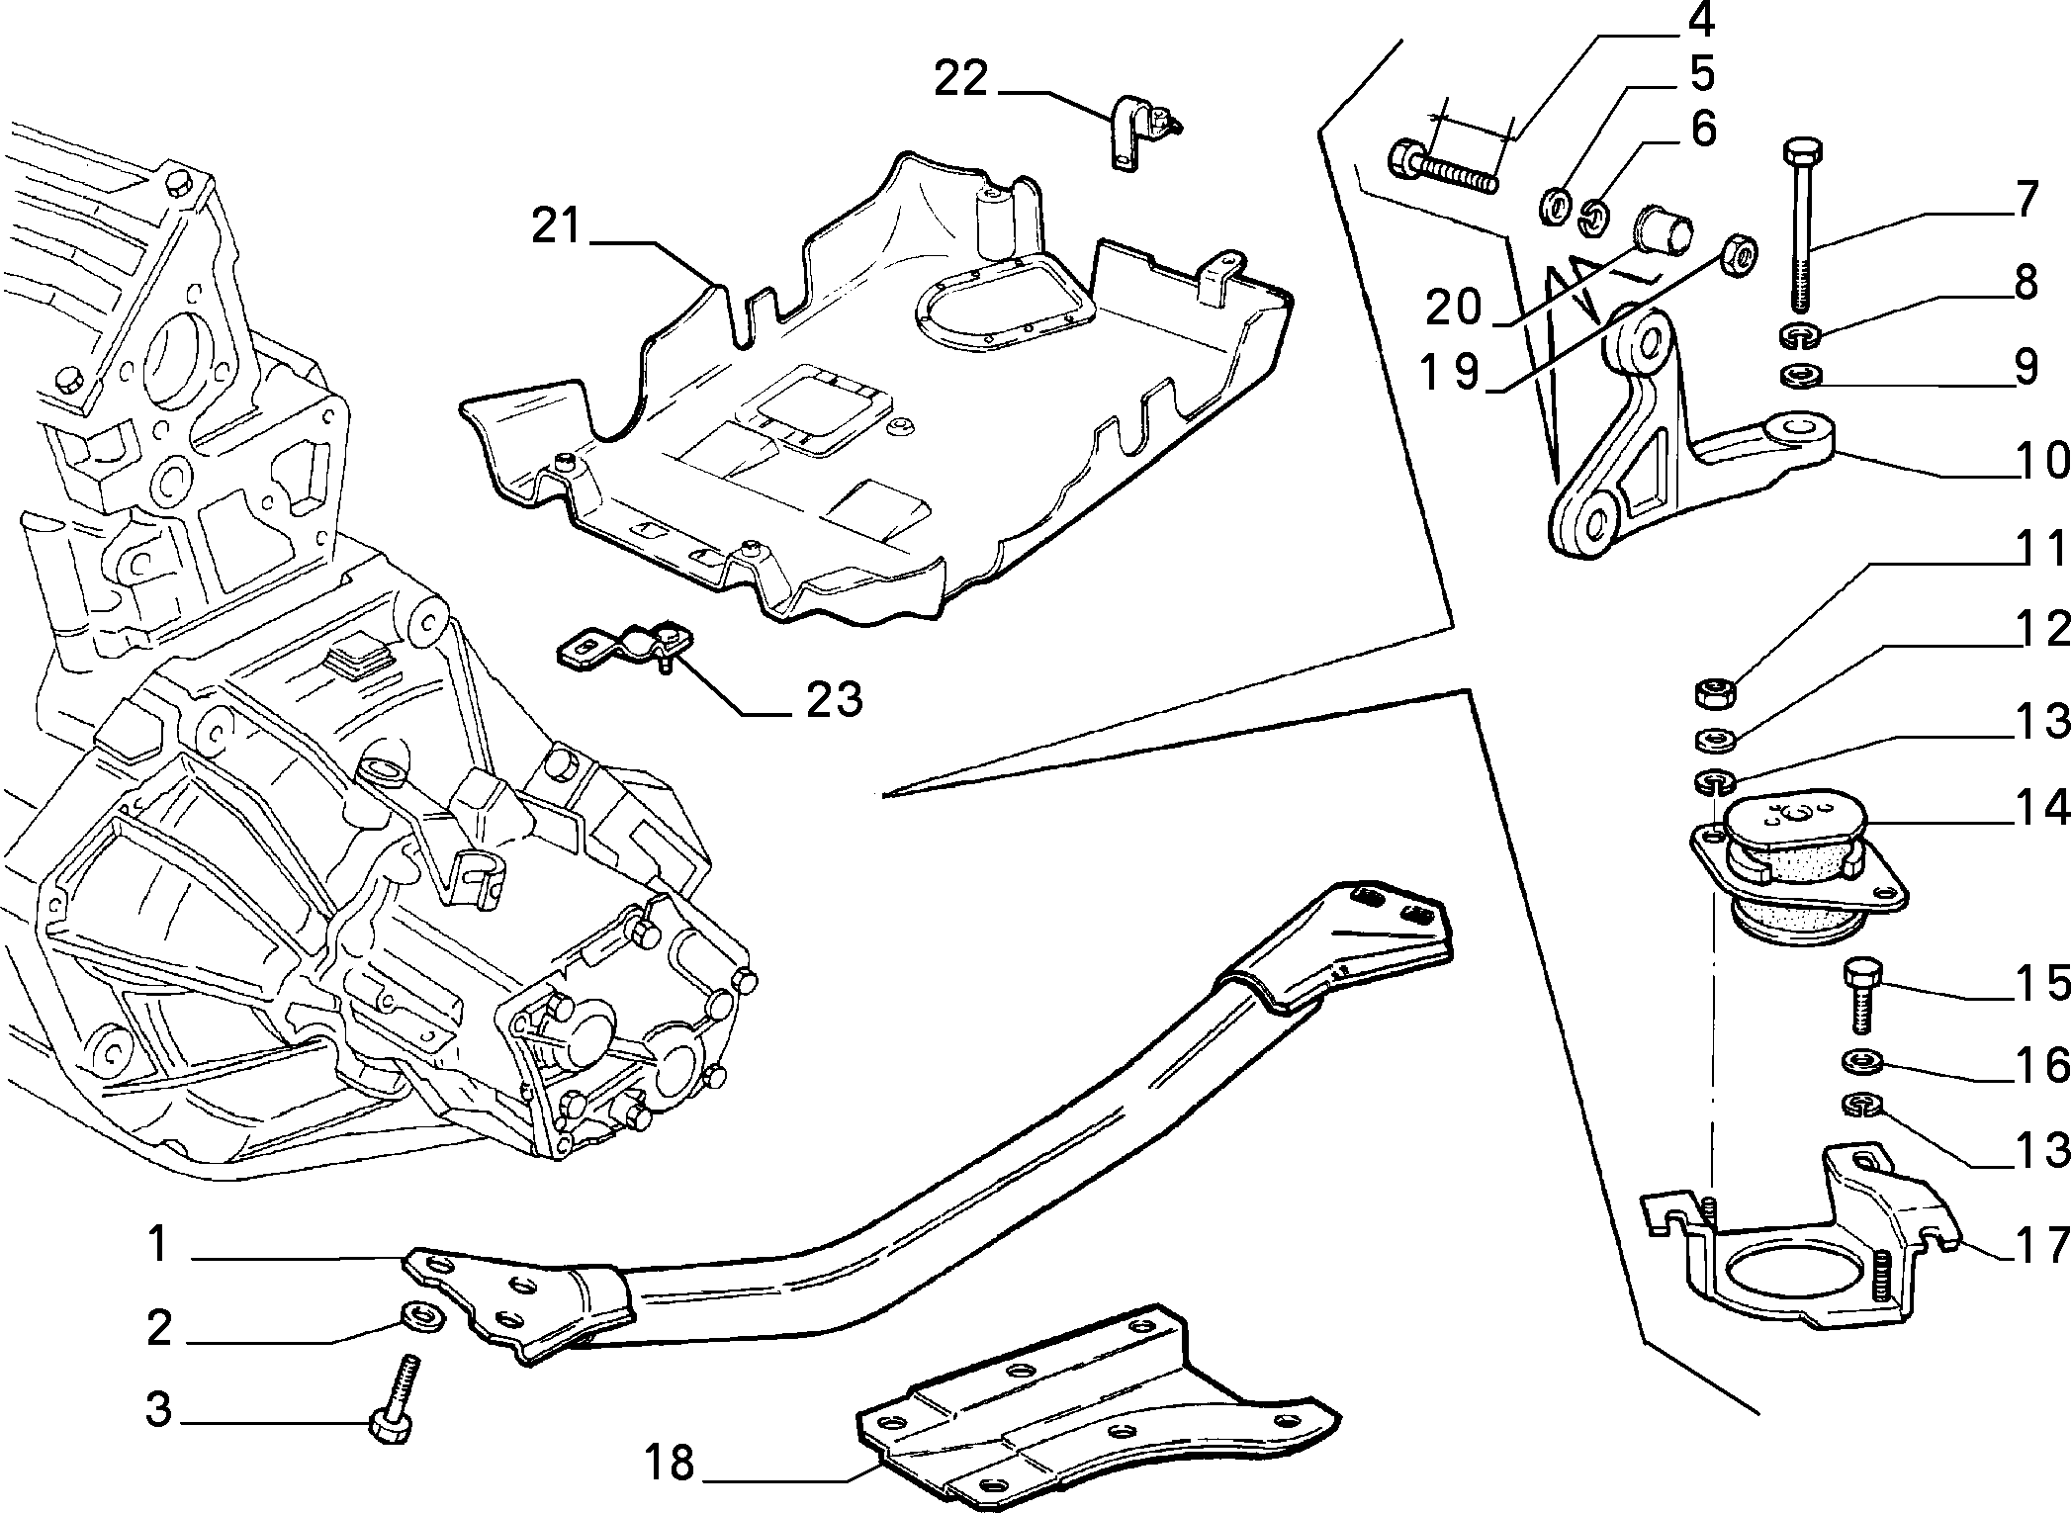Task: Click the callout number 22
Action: click(961, 78)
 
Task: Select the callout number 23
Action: click(834, 699)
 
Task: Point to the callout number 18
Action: click(669, 1463)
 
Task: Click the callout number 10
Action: click(2040, 461)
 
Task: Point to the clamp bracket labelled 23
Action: click(621, 648)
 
